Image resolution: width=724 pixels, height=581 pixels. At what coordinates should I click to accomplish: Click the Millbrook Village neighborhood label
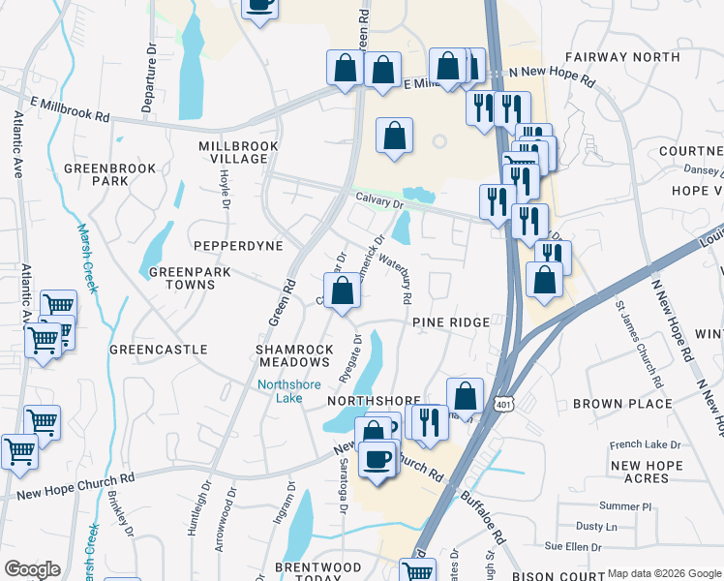(238, 152)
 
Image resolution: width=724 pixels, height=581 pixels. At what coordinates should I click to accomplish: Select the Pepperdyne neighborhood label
(237, 246)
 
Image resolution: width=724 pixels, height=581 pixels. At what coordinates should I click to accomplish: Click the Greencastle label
(159, 349)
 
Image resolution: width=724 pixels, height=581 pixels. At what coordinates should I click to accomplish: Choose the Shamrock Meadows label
(295, 355)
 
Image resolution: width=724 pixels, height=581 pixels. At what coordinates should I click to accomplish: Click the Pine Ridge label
(446, 321)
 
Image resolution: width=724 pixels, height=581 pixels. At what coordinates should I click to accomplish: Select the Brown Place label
(622, 403)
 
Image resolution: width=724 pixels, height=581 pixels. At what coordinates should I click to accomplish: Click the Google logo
(32, 569)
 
